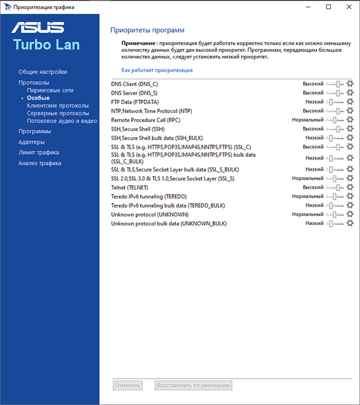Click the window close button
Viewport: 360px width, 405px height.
(346, 7)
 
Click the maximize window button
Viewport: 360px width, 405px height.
(328, 7)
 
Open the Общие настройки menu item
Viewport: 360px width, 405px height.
(43, 72)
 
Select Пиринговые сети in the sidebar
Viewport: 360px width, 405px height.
(50, 90)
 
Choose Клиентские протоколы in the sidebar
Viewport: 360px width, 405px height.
(58, 105)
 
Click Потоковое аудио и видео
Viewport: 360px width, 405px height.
(62, 120)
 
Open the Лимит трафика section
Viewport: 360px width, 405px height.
(39, 152)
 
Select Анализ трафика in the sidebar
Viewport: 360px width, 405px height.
(40, 163)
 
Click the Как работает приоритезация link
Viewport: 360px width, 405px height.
(157, 70)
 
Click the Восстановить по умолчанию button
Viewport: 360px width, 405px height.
(193, 385)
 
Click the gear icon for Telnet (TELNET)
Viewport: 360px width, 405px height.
(350, 187)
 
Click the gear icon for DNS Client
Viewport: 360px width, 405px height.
(350, 84)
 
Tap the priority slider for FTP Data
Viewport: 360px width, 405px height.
(335, 102)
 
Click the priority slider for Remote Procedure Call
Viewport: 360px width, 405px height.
(335, 120)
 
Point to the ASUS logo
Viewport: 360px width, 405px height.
(38, 28)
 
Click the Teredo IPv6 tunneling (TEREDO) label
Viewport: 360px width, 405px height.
(149, 196)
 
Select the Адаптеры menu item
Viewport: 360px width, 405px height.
(31, 142)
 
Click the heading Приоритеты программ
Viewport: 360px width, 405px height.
(147, 30)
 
